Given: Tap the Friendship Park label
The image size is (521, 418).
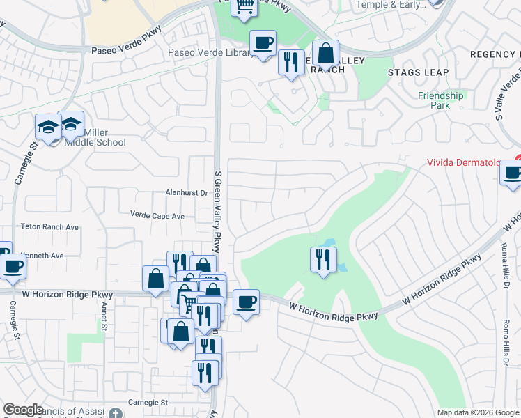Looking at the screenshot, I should [x=440, y=100].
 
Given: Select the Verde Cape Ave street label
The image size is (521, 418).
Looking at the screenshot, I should [x=157, y=216].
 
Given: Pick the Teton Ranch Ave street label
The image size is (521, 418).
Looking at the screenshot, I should [x=49, y=227].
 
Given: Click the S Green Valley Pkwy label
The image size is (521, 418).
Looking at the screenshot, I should [x=217, y=209].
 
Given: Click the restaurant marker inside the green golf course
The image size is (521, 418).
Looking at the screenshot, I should [x=322, y=260].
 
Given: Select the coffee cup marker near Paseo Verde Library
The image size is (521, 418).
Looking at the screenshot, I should [x=263, y=43].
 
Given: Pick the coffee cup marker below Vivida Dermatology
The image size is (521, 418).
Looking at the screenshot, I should [x=513, y=172].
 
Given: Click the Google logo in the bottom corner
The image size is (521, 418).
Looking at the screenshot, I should [x=23, y=410].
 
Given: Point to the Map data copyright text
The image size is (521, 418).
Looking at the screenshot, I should [x=478, y=412].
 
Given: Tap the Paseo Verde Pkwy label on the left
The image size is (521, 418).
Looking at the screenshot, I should [x=125, y=50].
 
